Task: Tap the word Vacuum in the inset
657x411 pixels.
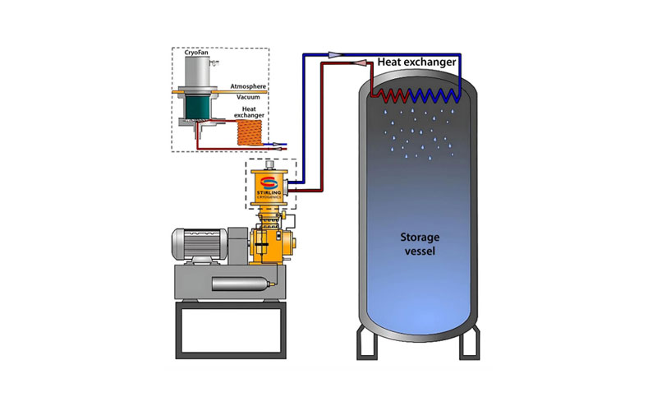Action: coord(248,97)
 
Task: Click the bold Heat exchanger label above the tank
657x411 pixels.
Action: coord(418,61)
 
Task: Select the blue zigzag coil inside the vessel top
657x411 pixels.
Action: coord(432,92)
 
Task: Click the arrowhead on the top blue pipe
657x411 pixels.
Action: coord(336,54)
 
